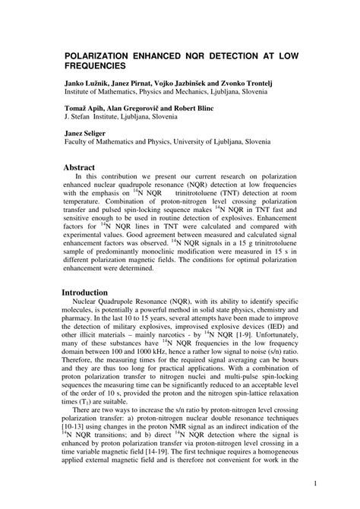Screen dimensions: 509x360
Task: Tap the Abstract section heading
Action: click(x=79, y=166)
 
